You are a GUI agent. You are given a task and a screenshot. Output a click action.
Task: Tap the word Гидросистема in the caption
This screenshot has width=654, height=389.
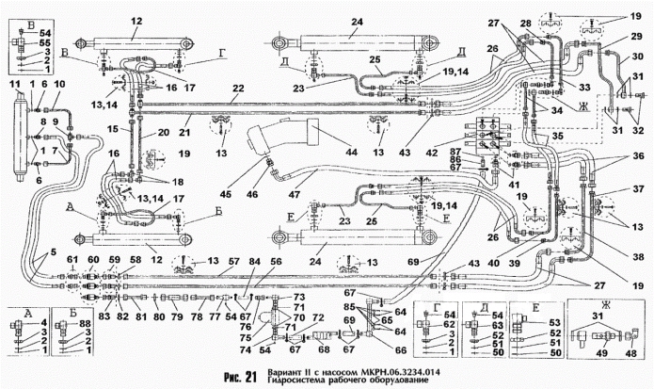[298, 381]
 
